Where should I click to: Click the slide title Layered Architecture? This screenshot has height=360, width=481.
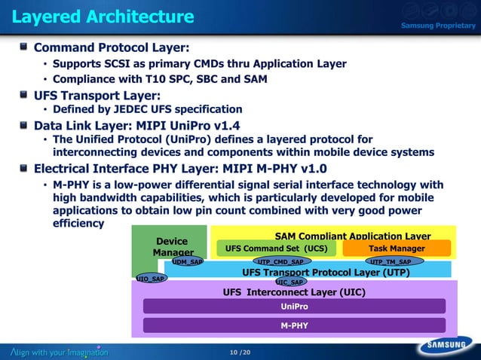tap(103, 16)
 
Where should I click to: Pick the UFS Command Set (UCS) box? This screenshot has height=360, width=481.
tap(276, 248)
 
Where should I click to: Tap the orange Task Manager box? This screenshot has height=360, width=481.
tap(397, 248)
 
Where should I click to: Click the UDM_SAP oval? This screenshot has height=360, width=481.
tap(187, 261)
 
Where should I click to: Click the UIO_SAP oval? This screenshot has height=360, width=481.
tap(151, 279)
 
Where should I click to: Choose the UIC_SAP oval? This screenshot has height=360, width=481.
tap(290, 282)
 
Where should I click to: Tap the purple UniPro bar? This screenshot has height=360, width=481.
tap(294, 307)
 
